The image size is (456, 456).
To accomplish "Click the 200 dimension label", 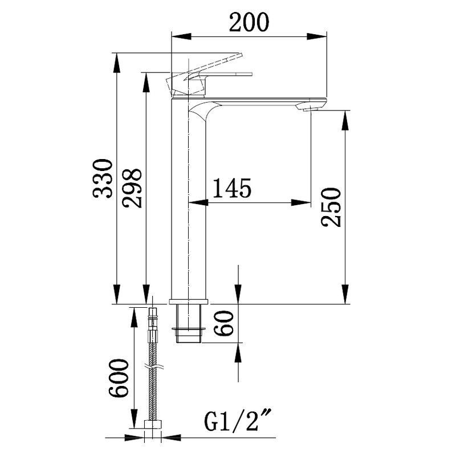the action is click(249, 23).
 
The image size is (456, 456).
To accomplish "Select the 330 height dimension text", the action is click(103, 178).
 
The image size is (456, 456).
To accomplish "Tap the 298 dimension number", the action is click(132, 188).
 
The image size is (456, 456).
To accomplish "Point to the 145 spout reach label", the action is click(232, 188).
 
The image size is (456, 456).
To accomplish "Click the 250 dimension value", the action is click(331, 207).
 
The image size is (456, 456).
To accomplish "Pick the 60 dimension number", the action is click(224, 323).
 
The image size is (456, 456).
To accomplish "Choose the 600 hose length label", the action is click(119, 378).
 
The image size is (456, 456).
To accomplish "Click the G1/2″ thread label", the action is click(238, 420).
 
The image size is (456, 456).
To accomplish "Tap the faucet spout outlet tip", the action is click(312, 109).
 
